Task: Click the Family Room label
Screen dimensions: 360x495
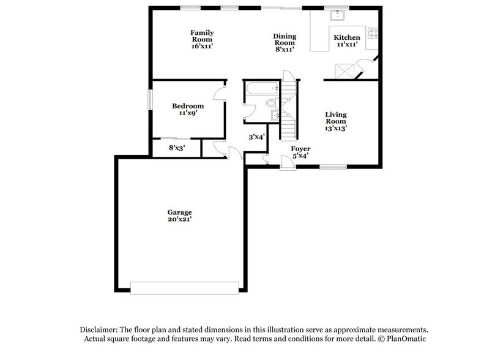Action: pyautogui.click(x=202, y=39)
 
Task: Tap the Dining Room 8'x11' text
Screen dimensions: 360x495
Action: pyautogui.click(x=285, y=43)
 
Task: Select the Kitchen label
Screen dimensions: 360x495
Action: pyautogui.click(x=346, y=40)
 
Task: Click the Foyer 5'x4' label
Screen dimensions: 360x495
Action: pyautogui.click(x=300, y=152)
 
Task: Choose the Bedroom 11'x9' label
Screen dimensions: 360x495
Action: pyautogui.click(x=187, y=109)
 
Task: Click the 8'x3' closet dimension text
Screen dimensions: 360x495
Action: pyautogui.click(x=177, y=148)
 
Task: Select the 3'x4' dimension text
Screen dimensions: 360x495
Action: pyautogui.click(x=256, y=137)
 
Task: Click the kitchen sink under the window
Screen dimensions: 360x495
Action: pyautogui.click(x=336, y=17)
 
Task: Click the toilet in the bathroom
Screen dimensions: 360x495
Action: pyautogui.click(x=272, y=103)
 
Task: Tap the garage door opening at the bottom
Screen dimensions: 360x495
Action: pyautogui.click(x=184, y=287)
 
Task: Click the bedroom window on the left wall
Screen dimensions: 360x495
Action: pyautogui.click(x=150, y=100)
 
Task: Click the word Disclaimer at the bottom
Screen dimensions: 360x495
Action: pyautogui.click(x=97, y=329)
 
